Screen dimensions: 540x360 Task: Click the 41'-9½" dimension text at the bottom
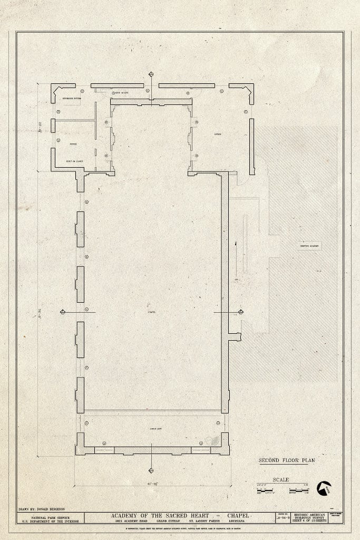click(x=152, y=483)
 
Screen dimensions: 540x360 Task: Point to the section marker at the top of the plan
click(x=151, y=74)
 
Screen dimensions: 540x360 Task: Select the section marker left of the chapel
click(x=63, y=313)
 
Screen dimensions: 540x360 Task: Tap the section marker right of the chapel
click(x=241, y=312)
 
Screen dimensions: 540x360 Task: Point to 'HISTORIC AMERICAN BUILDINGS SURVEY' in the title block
click(x=310, y=517)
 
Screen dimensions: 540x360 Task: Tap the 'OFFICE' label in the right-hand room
click(x=217, y=134)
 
